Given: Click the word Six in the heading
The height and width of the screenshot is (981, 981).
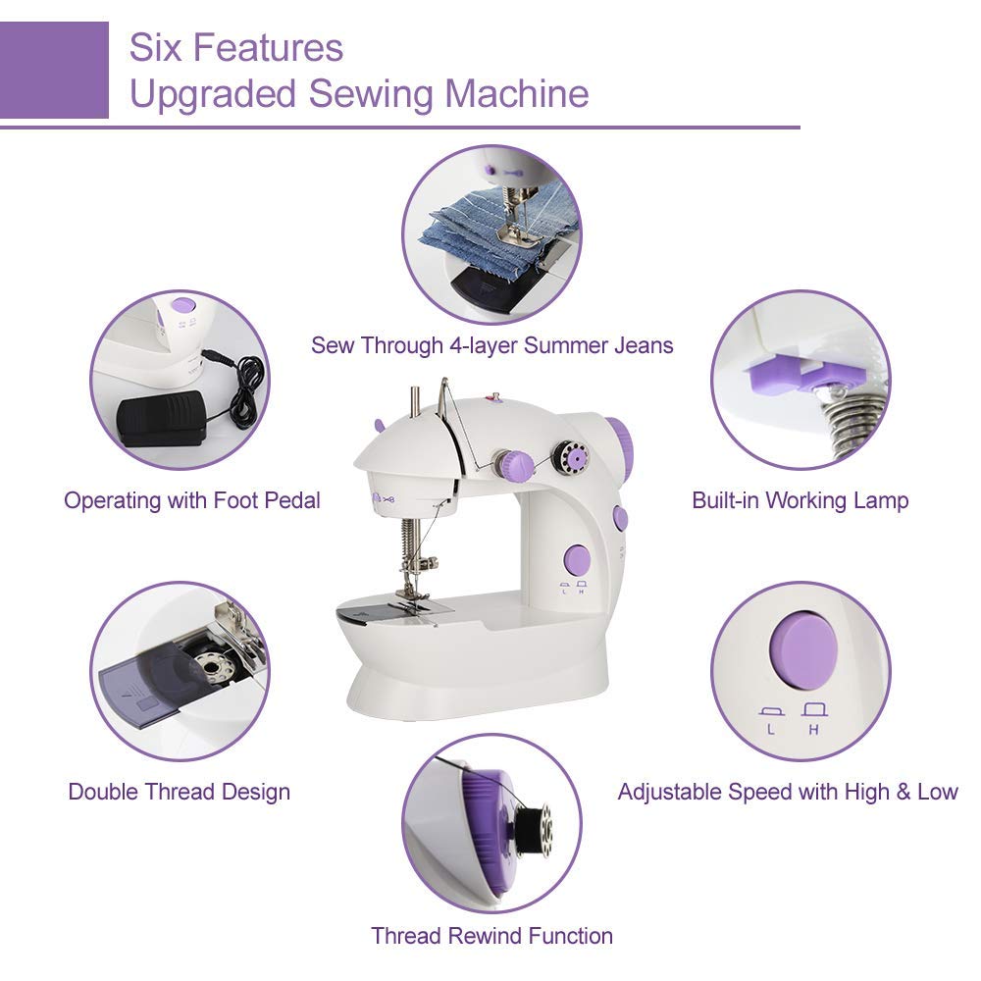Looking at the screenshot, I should pyautogui.click(x=156, y=47).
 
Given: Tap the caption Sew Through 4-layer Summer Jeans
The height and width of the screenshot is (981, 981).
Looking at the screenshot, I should pyautogui.click(x=491, y=345).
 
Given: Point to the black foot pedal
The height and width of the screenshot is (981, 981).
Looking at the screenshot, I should pyautogui.click(x=160, y=418).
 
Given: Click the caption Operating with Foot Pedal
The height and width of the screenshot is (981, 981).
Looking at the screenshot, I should pyautogui.click(x=192, y=500).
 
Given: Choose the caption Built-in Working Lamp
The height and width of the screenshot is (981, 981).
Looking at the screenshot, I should pyautogui.click(x=800, y=500).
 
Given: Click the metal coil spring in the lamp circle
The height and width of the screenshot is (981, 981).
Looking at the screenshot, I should pyautogui.click(x=850, y=417).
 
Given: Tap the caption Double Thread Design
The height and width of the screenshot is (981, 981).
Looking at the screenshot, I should pyautogui.click(x=179, y=792).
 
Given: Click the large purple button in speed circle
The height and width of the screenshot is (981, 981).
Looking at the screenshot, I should pyautogui.click(x=800, y=650).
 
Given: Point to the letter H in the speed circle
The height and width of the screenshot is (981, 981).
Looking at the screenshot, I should pyautogui.click(x=812, y=730).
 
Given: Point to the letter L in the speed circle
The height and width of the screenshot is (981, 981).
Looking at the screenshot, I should pyautogui.click(x=771, y=730).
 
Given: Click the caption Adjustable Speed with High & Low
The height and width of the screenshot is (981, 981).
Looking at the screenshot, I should pyautogui.click(x=787, y=792).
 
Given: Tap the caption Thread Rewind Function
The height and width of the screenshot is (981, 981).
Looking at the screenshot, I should pyautogui.click(x=491, y=936).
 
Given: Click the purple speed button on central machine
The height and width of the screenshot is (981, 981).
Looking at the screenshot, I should pyautogui.click(x=576, y=560).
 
